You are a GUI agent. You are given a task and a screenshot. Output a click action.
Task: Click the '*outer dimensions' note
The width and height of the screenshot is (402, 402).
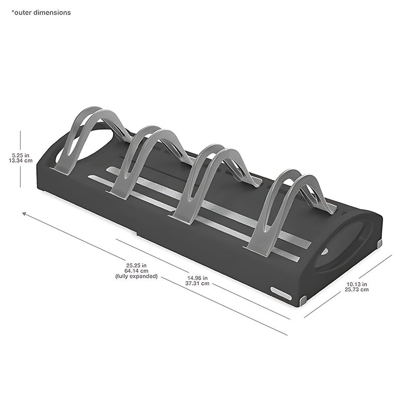click(x=41, y=13)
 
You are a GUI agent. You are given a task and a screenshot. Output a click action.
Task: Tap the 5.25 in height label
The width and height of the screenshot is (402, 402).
click(x=21, y=155)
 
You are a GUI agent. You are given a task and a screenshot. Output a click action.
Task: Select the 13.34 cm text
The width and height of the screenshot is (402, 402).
click(x=21, y=161)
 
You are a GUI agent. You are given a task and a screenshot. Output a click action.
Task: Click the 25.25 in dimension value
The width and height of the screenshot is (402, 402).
click(x=136, y=265)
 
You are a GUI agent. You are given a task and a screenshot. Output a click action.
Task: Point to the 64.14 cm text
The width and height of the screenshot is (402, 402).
click(x=136, y=271)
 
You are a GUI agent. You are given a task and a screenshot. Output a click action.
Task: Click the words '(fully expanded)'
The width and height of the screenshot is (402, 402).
click(x=136, y=276)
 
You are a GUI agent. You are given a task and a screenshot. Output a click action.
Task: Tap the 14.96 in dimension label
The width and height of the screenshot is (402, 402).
click(x=197, y=278)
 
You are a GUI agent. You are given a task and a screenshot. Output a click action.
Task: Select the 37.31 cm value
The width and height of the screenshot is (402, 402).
click(x=197, y=283)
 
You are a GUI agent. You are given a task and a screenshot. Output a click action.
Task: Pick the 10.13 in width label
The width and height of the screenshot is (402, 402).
click(x=357, y=284)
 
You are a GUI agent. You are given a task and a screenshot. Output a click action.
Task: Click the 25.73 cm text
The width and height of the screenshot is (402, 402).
click(x=357, y=289)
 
